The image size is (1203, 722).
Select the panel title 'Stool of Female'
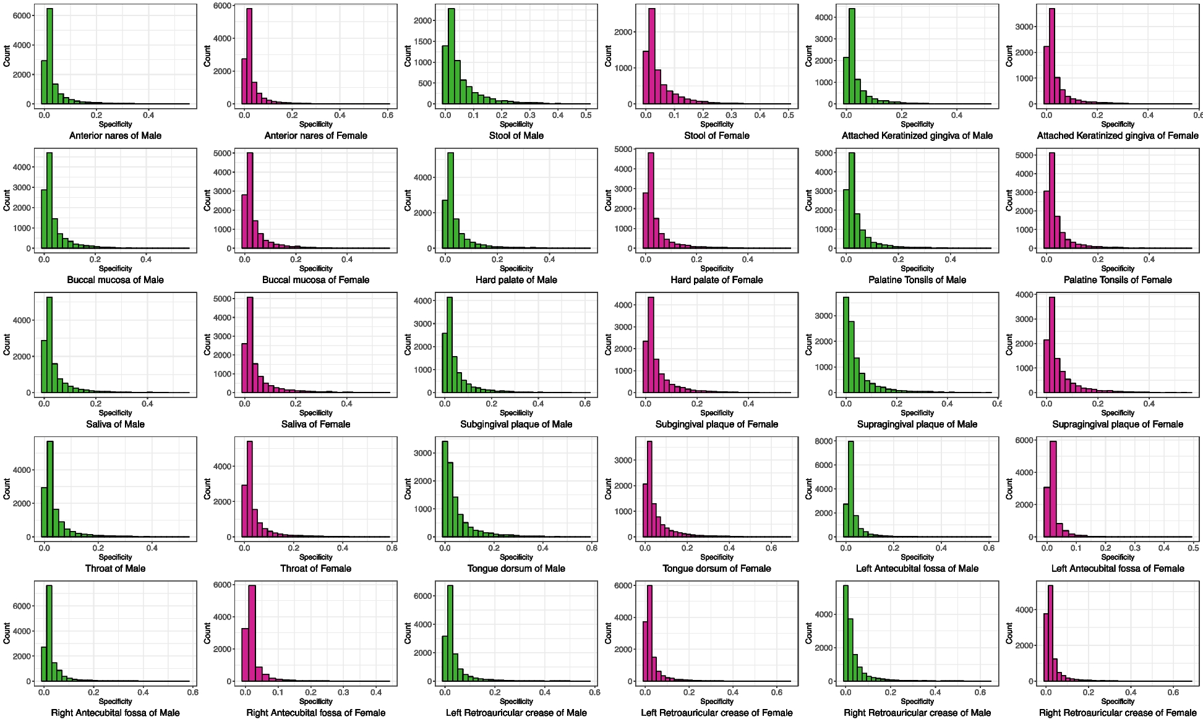coord(716,135)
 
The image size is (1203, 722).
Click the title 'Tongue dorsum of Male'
coord(516,568)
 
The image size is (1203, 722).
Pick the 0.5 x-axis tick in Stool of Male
coord(586,115)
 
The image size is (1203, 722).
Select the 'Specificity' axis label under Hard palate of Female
coord(716,268)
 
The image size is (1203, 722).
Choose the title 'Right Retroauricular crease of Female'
coord(1117,713)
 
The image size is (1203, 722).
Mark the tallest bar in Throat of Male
coord(49,489)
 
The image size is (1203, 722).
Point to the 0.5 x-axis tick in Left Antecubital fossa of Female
coord(1193,548)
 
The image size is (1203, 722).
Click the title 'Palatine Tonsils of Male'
coord(917,279)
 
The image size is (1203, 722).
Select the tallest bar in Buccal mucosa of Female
coord(250,201)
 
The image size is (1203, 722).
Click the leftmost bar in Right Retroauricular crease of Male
coord(846,633)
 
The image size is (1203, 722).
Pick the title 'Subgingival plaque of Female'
coord(716,424)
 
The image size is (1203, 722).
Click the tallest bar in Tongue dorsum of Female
coord(649,489)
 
